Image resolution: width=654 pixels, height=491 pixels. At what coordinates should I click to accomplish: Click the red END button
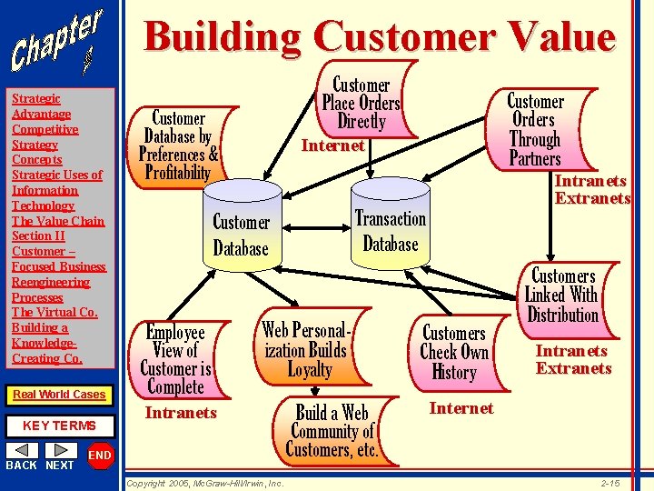point(100,454)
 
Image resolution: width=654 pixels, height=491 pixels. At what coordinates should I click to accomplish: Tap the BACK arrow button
point(22,450)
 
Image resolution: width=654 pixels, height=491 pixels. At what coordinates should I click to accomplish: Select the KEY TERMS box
point(59,426)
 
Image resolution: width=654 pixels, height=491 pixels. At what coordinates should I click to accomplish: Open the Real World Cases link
point(59,395)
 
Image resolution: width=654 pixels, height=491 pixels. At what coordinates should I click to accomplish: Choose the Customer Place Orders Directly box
point(361,103)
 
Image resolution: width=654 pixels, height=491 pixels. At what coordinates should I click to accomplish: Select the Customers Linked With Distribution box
point(562,295)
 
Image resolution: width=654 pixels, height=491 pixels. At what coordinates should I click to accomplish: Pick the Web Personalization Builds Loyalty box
point(305,350)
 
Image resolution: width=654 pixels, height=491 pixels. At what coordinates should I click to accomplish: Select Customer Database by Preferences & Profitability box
point(179,145)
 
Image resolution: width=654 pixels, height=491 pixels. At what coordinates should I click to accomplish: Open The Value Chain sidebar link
point(57,221)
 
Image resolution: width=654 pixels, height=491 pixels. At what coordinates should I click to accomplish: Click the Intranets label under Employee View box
point(182,413)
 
